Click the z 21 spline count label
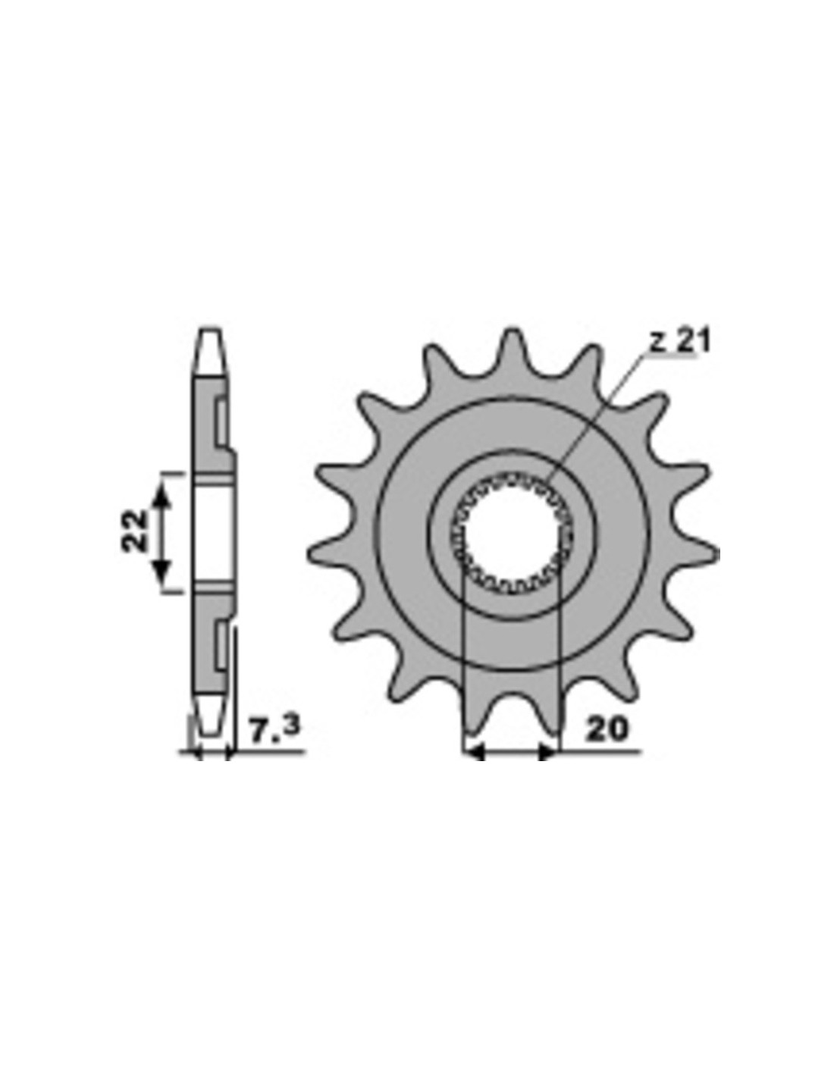click(679, 341)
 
